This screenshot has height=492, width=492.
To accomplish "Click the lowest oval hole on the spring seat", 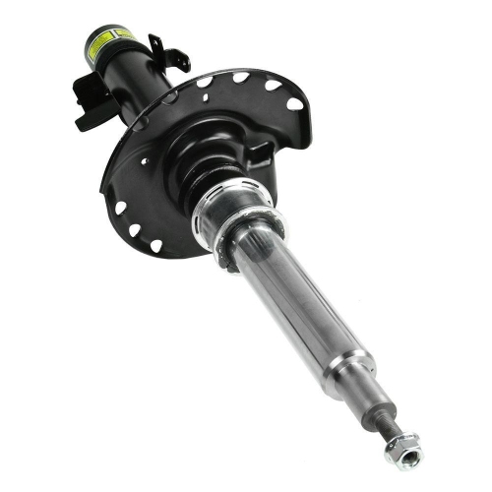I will click(155, 246).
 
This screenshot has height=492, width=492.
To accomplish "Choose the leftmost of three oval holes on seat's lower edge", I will click(120, 208).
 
